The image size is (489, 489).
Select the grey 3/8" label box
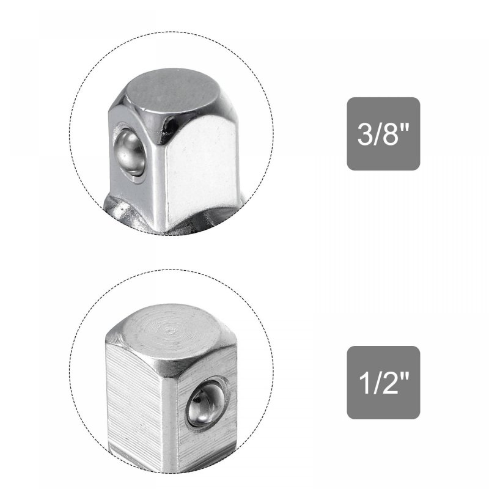[383, 134]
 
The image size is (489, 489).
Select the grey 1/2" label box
[383, 383]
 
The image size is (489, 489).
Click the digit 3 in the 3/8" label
[364, 134]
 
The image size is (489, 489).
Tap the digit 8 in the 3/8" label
[391, 134]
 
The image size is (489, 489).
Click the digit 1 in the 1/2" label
[364, 383]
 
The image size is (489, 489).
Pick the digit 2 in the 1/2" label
[391, 383]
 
